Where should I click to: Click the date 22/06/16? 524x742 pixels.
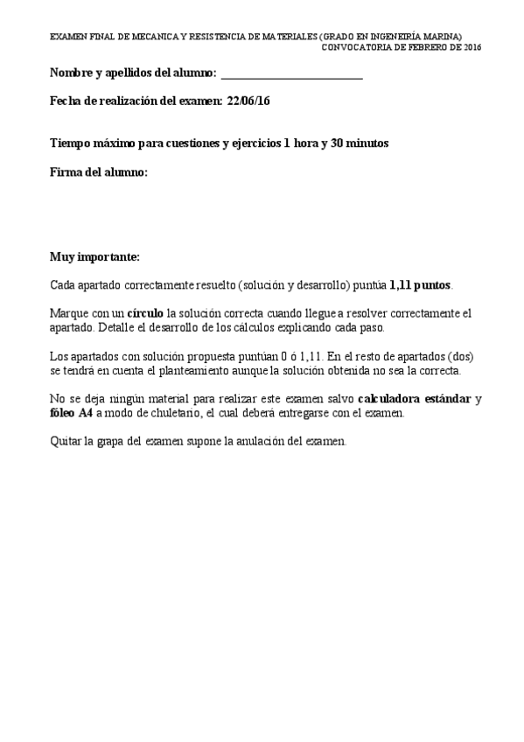click(248, 101)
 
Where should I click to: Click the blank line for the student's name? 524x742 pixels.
click(292, 75)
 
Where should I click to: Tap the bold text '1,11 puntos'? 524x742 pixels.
click(420, 285)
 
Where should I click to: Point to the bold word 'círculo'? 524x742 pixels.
click(145, 313)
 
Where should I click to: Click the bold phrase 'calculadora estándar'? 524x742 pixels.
click(416, 399)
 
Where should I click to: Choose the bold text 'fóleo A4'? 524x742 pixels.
click(72, 413)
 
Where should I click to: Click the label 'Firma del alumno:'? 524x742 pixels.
click(99, 173)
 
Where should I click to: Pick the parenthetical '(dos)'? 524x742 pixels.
click(463, 357)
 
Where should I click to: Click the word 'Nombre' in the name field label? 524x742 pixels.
click(72, 74)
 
